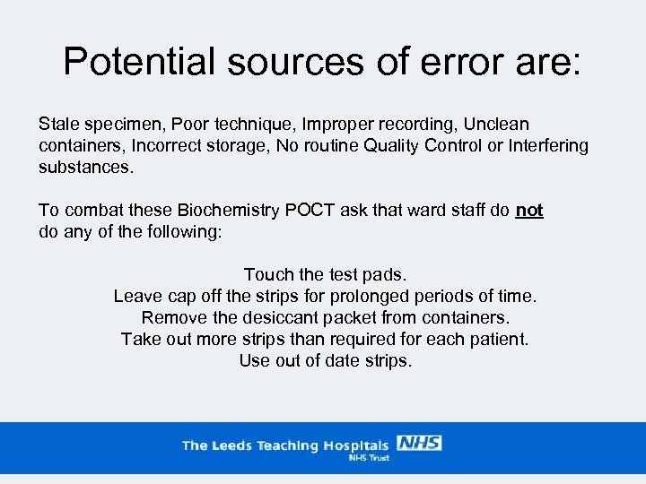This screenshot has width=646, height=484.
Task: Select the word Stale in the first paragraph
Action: pyautogui.click(x=57, y=124)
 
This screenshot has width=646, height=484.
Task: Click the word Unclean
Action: pyautogui.click(x=497, y=124)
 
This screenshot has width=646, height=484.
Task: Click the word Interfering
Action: pyautogui.click(x=547, y=145)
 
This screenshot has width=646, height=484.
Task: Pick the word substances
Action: pyautogui.click(x=85, y=167)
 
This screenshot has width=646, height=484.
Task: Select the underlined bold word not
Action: pyautogui.click(x=529, y=210)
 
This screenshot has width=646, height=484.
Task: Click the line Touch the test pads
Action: pyautogui.click(x=325, y=274)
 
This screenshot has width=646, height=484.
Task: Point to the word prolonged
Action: pyautogui.click(x=392, y=296)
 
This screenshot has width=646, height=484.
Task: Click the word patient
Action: pyautogui.click(x=499, y=339)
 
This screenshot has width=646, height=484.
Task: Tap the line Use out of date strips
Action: pyautogui.click(x=325, y=360)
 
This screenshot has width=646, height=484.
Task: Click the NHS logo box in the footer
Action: pyautogui.click(x=419, y=443)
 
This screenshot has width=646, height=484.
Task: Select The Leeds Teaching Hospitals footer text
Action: pyautogui.click(x=285, y=445)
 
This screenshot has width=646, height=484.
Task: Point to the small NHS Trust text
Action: pyautogui.click(x=368, y=457)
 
